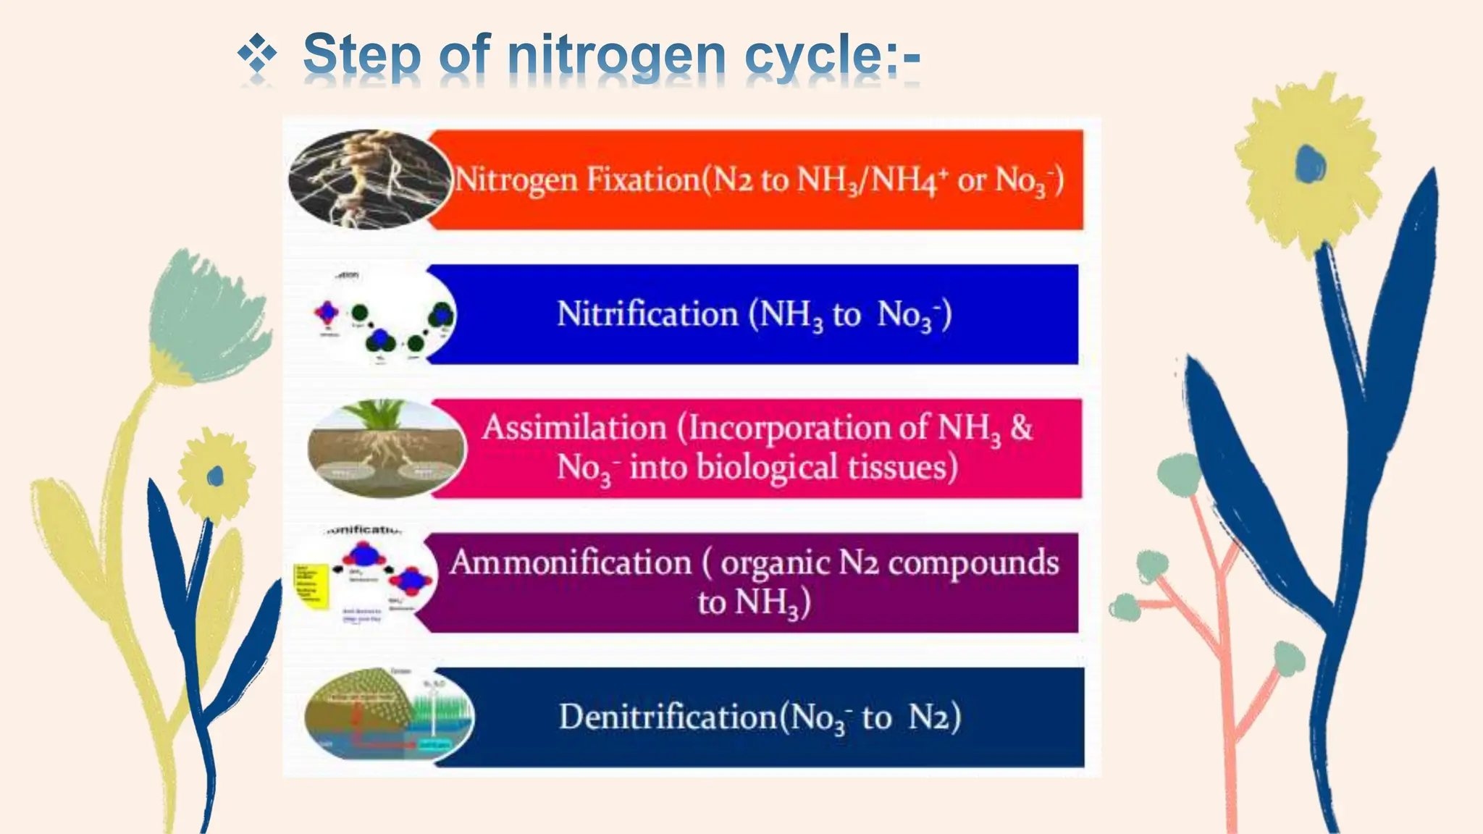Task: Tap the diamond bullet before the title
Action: coord(257,54)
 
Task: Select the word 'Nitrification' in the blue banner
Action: coord(647,314)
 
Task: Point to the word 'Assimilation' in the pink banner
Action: coord(574,427)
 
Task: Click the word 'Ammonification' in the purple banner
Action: coord(571,563)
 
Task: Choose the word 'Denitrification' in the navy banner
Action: coord(668,717)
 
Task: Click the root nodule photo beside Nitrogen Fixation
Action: coord(368,179)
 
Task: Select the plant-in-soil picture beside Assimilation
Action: coord(386,449)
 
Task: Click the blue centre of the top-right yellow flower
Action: coord(1310,164)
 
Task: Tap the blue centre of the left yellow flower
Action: coord(215,476)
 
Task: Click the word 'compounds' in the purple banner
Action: coord(973,563)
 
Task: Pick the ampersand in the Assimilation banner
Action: coord(1021,427)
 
